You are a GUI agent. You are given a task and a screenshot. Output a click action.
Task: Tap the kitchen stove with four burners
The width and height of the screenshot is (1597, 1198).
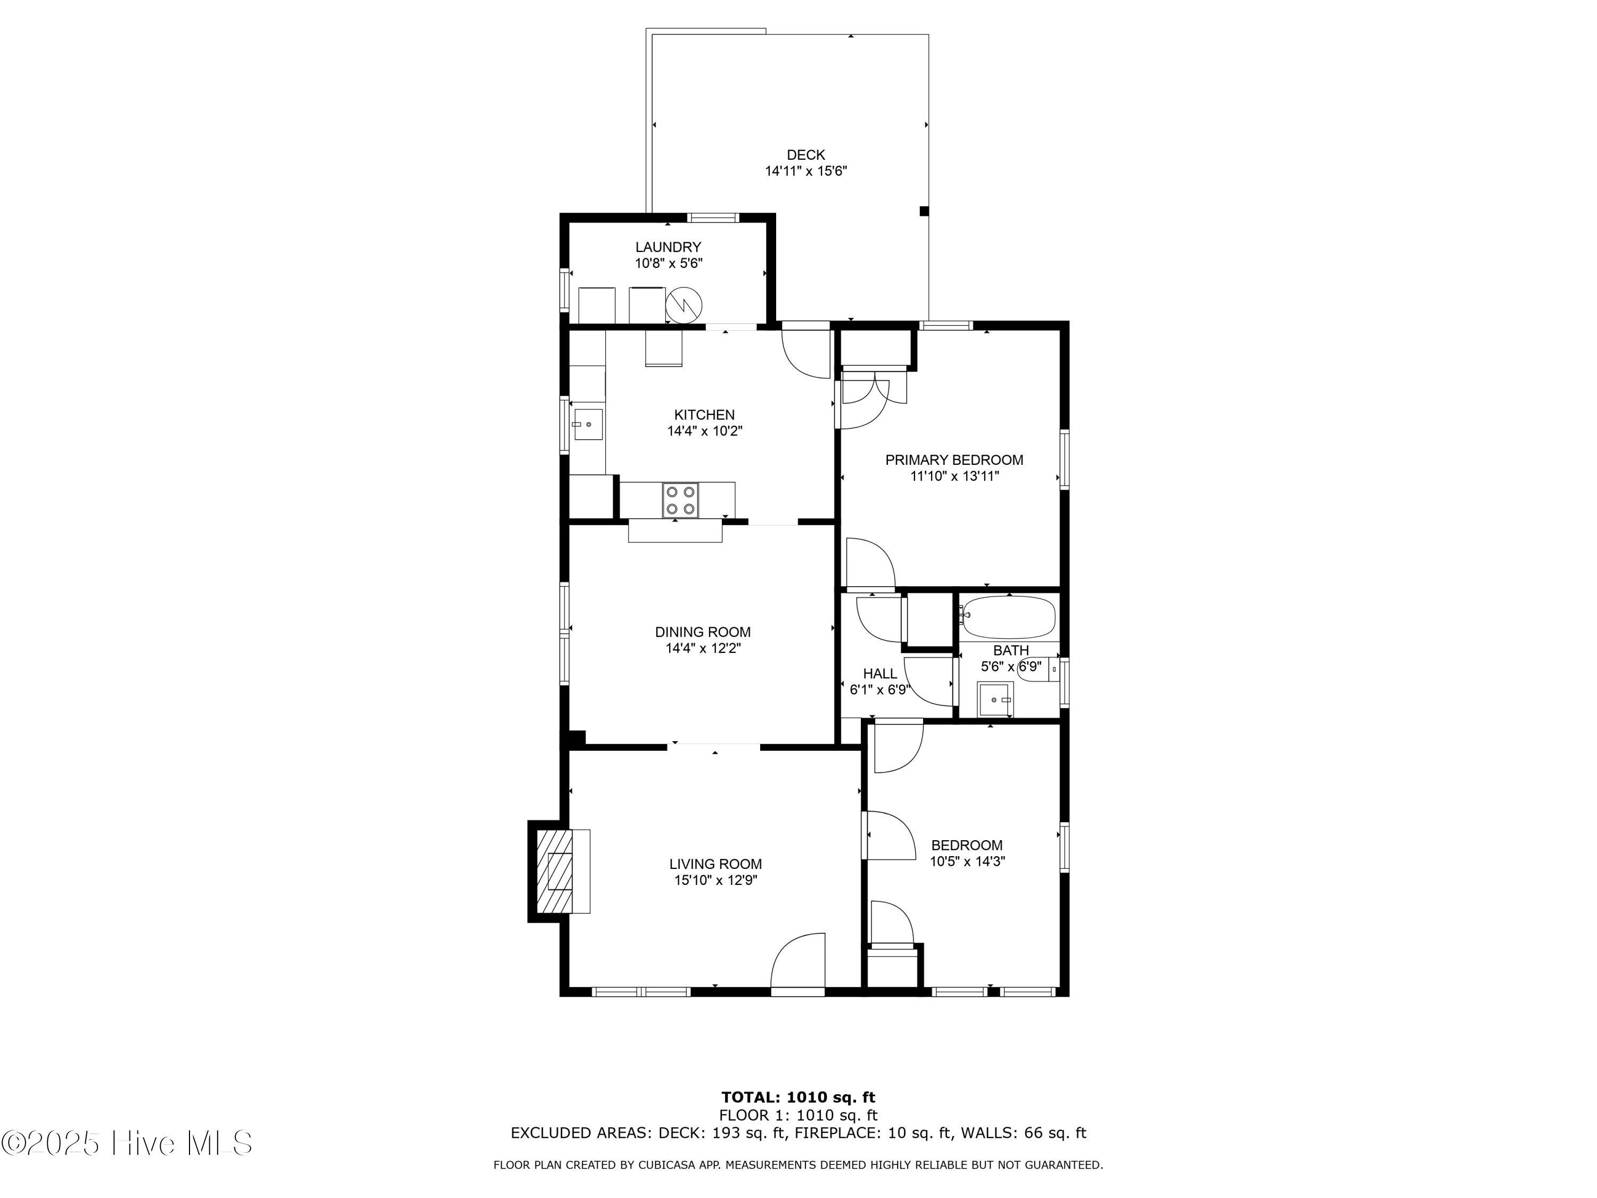pos(681,500)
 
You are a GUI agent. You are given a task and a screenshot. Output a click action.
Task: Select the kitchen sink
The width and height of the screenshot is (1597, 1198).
pos(588,424)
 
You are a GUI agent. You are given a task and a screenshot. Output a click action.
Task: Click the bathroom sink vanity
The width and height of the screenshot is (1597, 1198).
pos(995,699)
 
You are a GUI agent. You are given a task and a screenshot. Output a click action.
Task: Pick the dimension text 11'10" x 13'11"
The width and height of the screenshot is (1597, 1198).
pos(954,476)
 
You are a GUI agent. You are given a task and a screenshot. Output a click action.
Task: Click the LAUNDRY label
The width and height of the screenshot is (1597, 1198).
pos(668,247)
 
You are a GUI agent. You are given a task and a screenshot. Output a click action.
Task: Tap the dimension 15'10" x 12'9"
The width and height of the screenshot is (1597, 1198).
pos(715,880)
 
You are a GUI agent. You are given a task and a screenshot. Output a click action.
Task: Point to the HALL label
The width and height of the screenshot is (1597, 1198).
pos(879,674)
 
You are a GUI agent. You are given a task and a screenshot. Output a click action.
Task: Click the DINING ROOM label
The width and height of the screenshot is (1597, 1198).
pos(703,632)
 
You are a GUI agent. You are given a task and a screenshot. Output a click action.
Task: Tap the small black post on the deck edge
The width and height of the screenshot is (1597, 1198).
pos(924,211)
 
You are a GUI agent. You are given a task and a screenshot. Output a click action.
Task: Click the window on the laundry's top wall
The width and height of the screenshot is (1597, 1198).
pos(713,217)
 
